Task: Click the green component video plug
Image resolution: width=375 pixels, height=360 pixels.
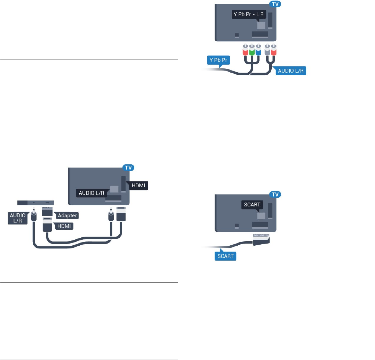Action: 251,51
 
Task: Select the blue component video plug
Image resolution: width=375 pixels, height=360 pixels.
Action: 258,51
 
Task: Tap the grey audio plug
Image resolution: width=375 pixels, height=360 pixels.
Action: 267,51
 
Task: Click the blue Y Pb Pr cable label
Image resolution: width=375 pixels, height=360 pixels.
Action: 217,60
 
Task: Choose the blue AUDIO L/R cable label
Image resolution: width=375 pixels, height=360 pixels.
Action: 291,71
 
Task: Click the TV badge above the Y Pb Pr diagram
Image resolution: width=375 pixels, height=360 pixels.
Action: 277,4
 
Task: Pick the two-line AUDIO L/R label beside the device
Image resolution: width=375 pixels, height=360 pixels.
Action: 17,218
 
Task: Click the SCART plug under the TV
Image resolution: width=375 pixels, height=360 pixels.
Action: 262,238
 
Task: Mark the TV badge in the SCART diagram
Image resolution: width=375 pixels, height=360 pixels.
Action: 277,194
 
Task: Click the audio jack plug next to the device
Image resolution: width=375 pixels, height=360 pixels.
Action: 34,216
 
